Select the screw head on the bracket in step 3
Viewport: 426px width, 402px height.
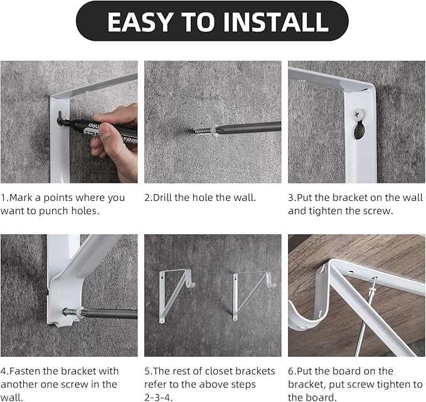(357, 114)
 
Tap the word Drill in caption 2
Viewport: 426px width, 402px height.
(166, 198)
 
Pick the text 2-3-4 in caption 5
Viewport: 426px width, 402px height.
(159, 397)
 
